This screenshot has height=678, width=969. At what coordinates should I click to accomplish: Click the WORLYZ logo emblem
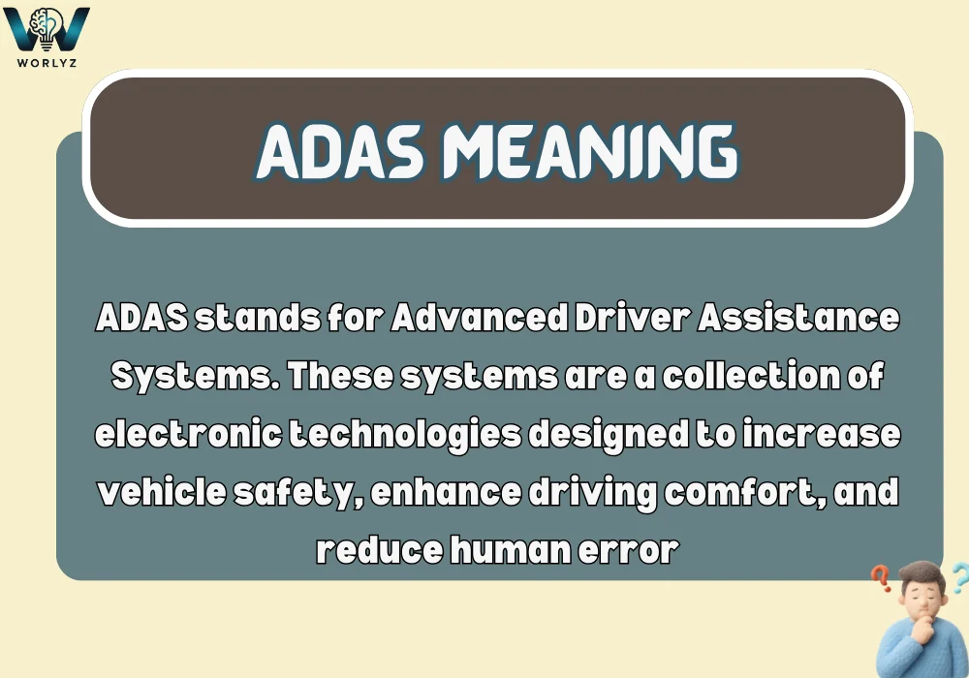click(47, 28)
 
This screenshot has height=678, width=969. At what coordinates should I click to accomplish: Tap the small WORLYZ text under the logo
click(47, 62)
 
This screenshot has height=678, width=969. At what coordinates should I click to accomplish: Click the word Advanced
click(460, 319)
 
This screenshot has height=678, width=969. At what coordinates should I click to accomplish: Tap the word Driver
click(610, 319)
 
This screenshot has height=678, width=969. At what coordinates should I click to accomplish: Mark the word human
click(513, 549)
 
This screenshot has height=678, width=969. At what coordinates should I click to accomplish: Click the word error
click(631, 549)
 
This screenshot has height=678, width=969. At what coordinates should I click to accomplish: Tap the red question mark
click(881, 578)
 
